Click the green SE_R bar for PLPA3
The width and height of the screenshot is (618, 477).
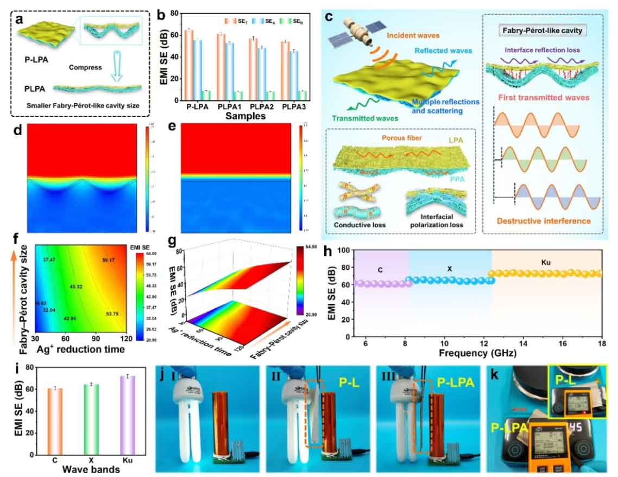(303, 96)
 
